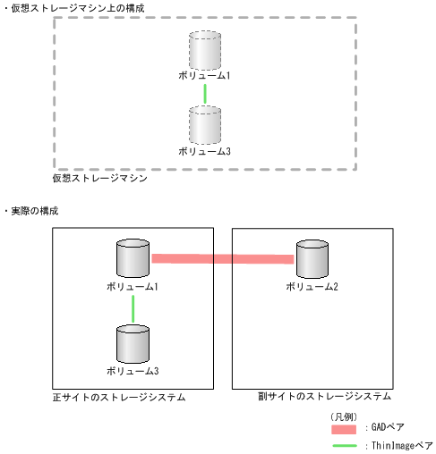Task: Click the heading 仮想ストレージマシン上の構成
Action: click(78, 8)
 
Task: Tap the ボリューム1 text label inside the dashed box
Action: click(205, 76)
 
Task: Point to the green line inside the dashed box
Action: click(205, 93)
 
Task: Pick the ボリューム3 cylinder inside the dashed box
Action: click(205, 125)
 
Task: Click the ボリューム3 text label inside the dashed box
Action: click(205, 152)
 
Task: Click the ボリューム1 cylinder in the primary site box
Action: click(133, 258)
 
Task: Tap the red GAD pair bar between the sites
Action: click(222, 259)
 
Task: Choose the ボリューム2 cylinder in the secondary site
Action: click(312, 258)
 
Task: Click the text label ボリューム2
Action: click(312, 286)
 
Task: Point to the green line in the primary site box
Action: click(133, 308)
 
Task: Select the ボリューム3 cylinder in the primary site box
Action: click(133, 343)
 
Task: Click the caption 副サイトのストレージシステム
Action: click(312, 396)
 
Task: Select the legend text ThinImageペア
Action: click(400, 445)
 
